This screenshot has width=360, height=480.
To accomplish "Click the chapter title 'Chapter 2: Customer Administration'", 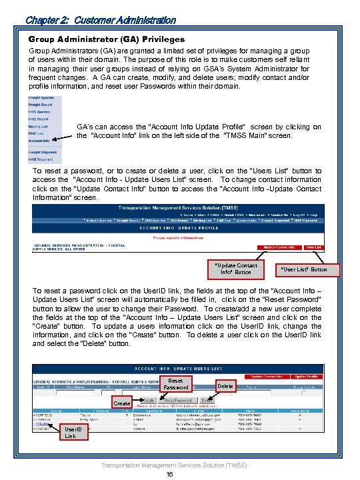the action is (100, 21).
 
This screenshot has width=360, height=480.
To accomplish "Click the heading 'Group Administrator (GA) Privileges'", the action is (107, 40).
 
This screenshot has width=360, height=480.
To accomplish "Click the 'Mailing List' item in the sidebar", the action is (38, 127).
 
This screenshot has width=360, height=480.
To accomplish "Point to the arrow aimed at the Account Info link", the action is (60, 138).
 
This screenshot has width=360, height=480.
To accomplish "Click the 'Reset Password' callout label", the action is (176, 384).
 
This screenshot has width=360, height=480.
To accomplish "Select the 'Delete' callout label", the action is (225, 386).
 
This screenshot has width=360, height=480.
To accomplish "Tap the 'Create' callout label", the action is (121, 404).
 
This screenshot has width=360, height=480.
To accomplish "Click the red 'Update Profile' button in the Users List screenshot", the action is (323, 377).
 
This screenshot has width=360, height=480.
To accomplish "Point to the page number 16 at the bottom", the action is (170, 475).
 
